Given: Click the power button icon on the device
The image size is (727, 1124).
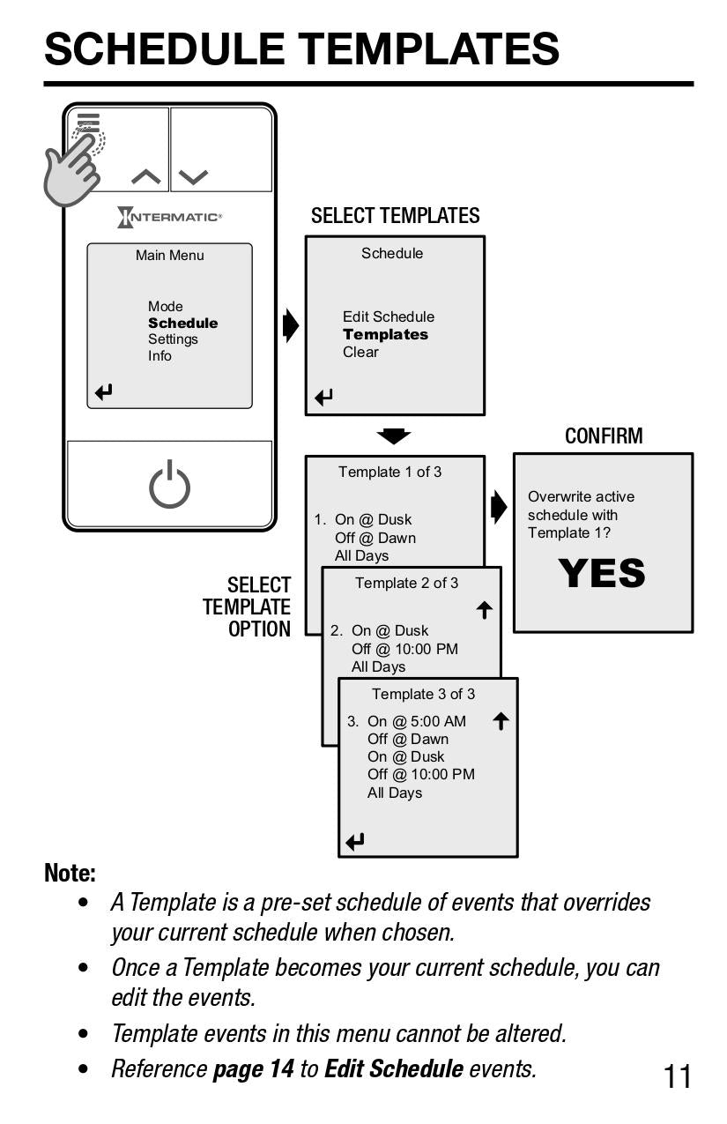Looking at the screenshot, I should point(169,486).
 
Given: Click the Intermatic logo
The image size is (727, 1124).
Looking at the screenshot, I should point(169,217).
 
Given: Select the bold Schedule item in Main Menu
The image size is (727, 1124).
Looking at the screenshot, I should point(182,324).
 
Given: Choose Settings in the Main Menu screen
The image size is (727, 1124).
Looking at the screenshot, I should point(173,339).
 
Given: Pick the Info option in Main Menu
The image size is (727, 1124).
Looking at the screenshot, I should point(159,356).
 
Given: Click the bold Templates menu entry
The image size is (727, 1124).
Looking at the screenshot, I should point(385,335).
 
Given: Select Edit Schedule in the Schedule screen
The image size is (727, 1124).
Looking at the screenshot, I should point(388,316).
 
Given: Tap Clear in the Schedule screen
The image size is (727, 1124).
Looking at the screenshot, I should point(360,352).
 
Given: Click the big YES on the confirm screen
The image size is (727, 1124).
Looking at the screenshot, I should point(602,574).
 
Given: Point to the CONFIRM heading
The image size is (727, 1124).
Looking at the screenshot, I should point(604,435).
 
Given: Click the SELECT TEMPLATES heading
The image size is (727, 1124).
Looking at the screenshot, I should point(395,216).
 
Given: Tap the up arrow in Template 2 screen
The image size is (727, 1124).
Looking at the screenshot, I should point(484,610).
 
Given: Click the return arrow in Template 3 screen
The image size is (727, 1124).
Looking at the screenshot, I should point(355,842).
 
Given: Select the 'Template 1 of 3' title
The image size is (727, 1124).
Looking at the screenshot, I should point(389,472).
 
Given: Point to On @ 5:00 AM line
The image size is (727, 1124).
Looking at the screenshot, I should point(416,721).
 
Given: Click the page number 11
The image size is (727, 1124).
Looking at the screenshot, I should point(678,1076).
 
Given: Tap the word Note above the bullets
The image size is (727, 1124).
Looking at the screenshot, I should point(70,873).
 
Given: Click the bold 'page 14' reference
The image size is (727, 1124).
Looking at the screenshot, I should point(253,1068).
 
